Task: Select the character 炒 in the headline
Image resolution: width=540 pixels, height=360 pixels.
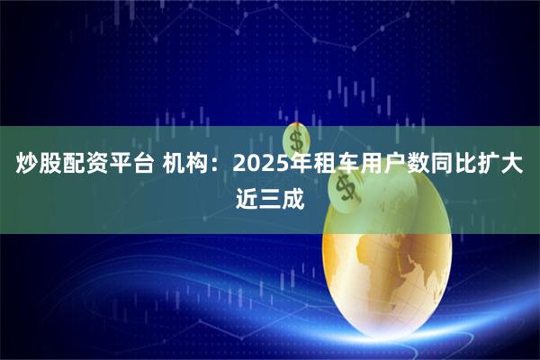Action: [26, 165]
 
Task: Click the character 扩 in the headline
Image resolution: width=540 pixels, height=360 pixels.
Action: [493, 165]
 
